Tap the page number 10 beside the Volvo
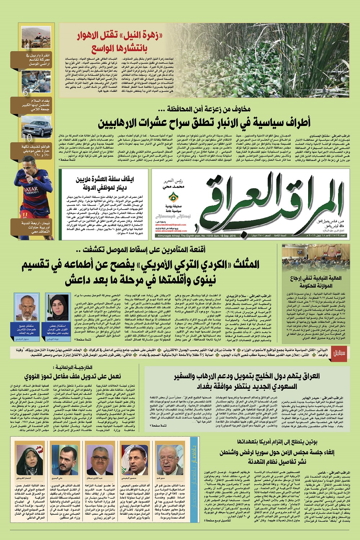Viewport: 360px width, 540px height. click(26, 137)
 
